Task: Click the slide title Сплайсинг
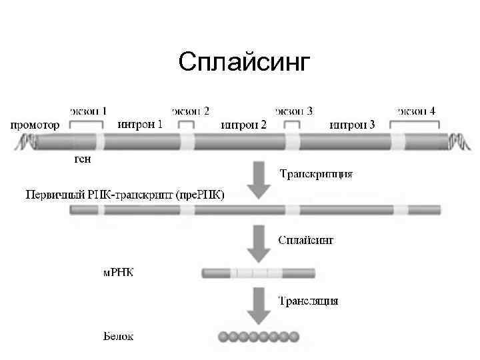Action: click(x=245, y=63)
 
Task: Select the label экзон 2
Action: click(x=191, y=111)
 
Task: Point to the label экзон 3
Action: click(x=294, y=111)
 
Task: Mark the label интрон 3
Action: click(x=352, y=125)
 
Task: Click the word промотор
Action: click(x=34, y=125)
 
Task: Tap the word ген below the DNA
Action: click(x=81, y=159)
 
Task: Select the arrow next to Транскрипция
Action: click(x=259, y=181)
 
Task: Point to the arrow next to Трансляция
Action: click(x=259, y=305)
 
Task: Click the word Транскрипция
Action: click(x=315, y=175)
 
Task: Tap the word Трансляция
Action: click(x=308, y=301)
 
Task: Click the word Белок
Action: click(x=118, y=336)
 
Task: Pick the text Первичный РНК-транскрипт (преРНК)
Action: click(x=125, y=195)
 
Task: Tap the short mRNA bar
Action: click(x=258, y=273)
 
